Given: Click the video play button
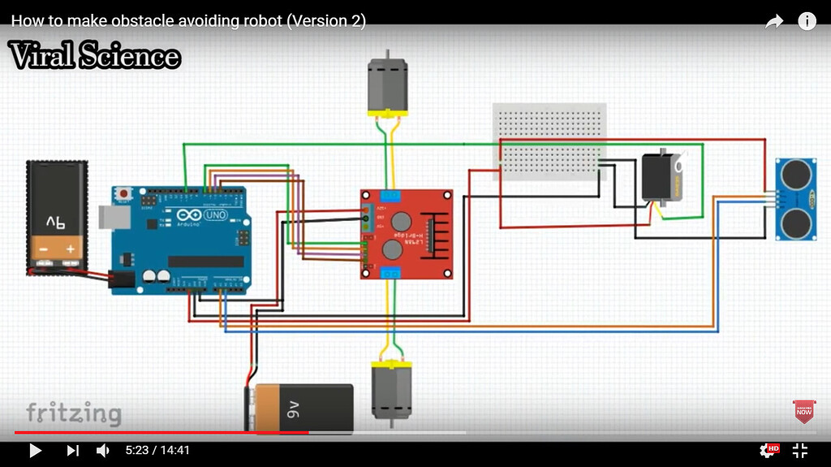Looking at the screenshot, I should point(35,450).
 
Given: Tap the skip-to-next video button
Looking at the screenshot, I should point(72,450).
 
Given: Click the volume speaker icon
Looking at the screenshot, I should point(103,450).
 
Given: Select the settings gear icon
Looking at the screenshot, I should point(767,450).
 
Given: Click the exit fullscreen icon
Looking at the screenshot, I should point(799,450).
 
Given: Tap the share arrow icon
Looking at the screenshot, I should point(774,22).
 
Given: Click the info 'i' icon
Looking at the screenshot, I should point(807,22).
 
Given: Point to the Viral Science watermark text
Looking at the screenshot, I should point(94,56).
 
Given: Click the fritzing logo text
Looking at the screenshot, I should point(73,413).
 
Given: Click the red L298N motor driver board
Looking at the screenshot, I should point(407,234).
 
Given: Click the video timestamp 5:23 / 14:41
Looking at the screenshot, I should point(157,450).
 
